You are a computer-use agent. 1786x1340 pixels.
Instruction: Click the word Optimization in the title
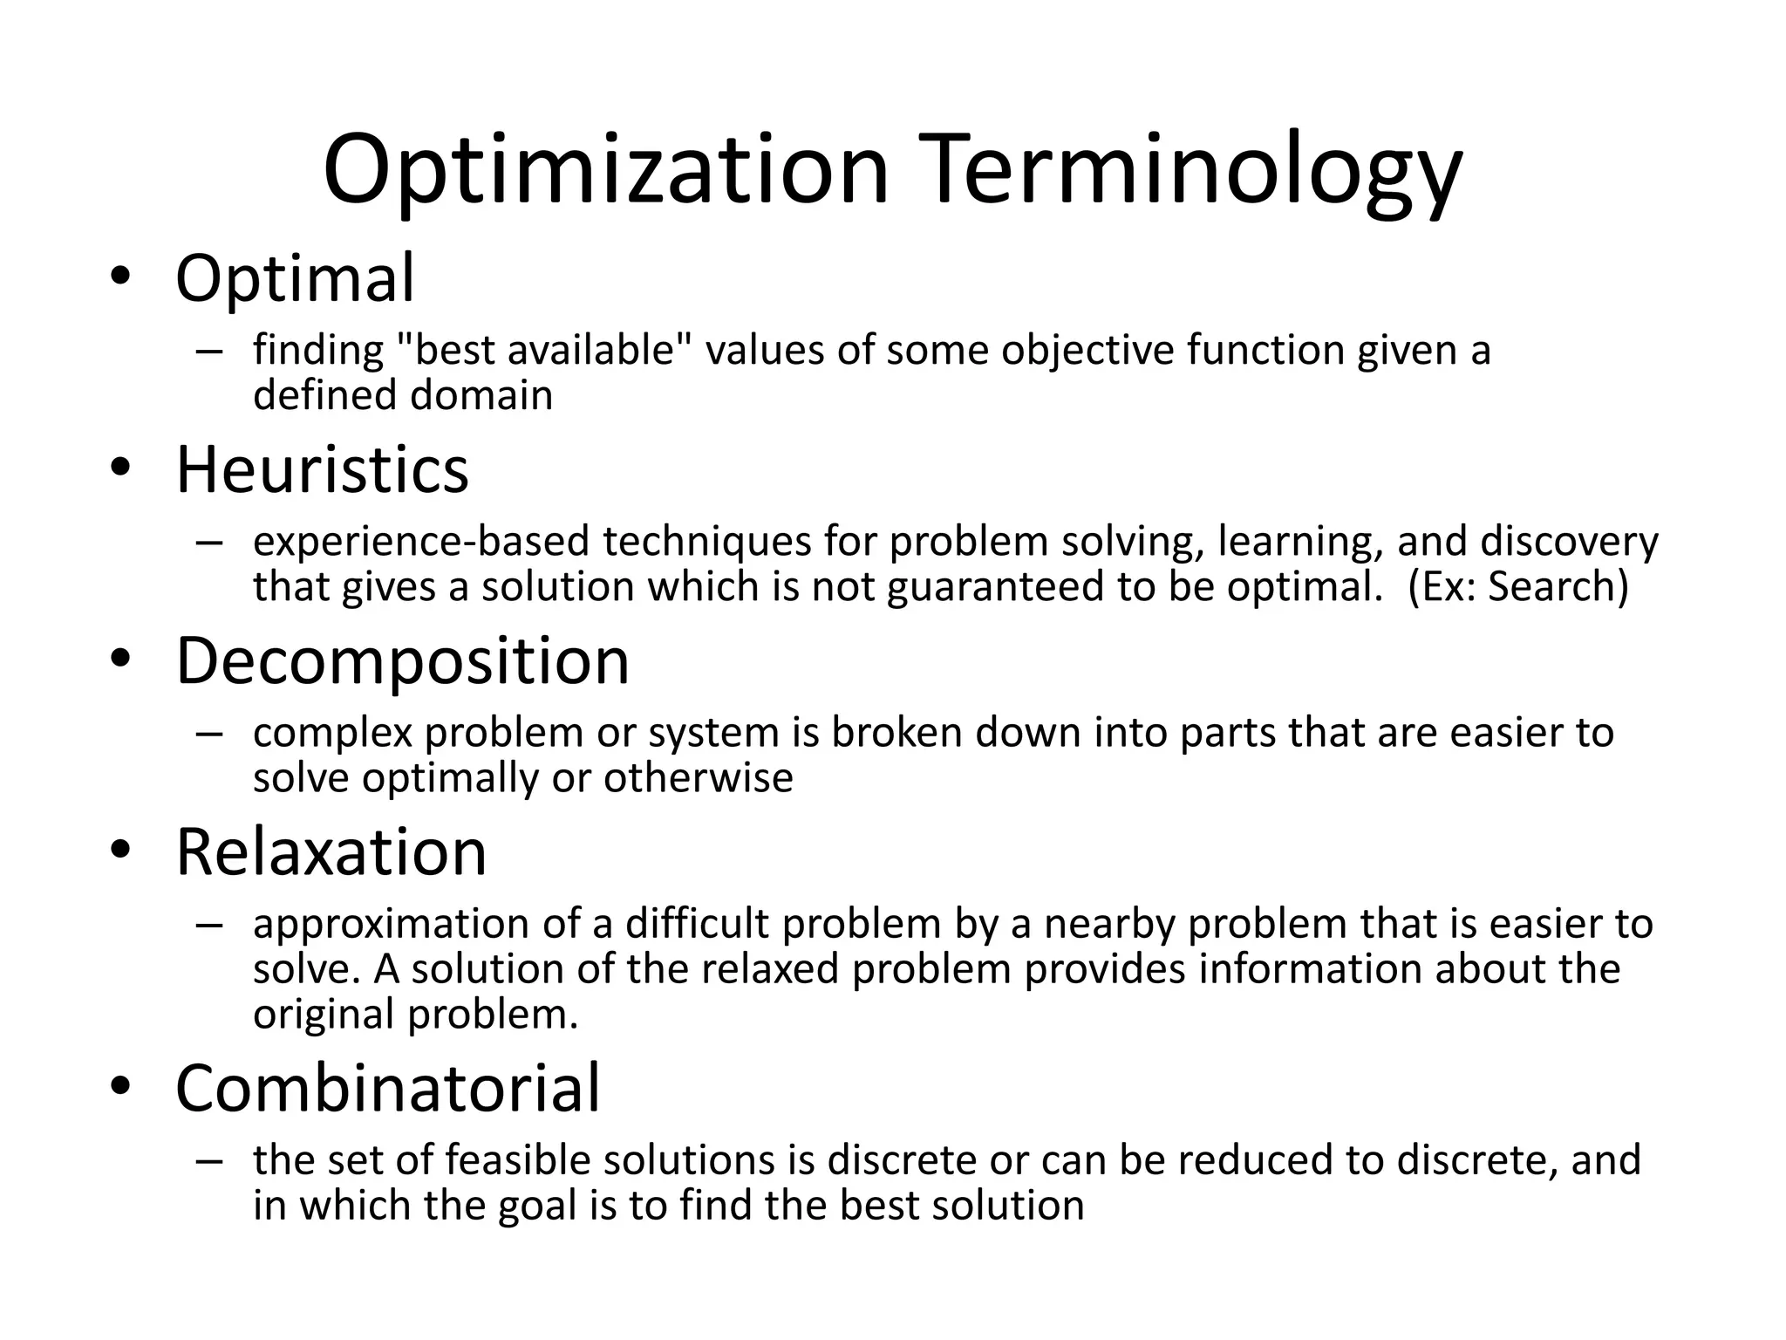(605, 170)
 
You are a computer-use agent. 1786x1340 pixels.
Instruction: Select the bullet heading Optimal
(295, 279)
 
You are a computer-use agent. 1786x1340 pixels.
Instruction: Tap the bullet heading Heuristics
(322, 470)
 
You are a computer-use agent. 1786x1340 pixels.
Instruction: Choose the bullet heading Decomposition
(402, 661)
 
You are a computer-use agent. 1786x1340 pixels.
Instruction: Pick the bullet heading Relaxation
(331, 852)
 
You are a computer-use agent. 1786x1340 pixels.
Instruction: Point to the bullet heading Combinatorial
(388, 1089)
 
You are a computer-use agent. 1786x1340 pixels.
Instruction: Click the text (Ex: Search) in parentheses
(1517, 586)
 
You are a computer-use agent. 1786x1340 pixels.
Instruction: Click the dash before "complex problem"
(209, 734)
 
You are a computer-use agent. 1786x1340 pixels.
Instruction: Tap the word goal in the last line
(537, 1206)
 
